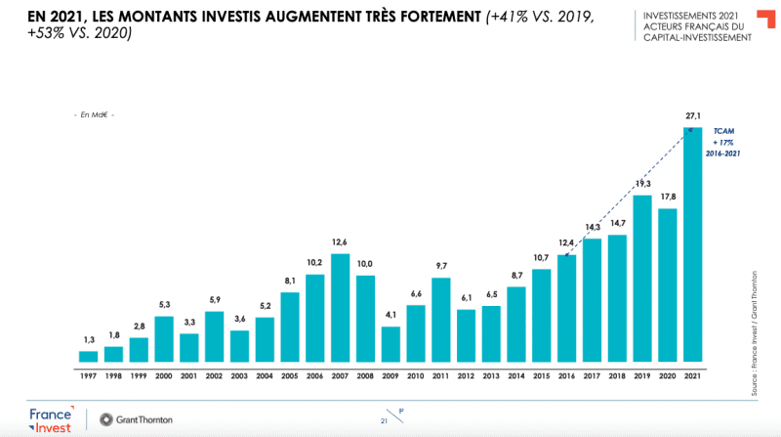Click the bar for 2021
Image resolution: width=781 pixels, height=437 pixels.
tap(693, 244)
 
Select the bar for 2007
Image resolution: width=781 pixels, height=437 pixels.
tap(341, 308)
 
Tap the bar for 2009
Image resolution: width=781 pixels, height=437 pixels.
tap(390, 344)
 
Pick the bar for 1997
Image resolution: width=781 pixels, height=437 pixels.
tap(89, 356)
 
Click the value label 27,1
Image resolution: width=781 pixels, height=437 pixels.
tap(693, 116)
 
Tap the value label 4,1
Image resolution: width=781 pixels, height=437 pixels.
tap(390, 316)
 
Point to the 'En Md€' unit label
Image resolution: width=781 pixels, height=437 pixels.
tap(95, 115)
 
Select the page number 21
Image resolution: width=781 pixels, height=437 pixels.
tap(384, 420)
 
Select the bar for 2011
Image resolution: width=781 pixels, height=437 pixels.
tap(440, 320)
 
